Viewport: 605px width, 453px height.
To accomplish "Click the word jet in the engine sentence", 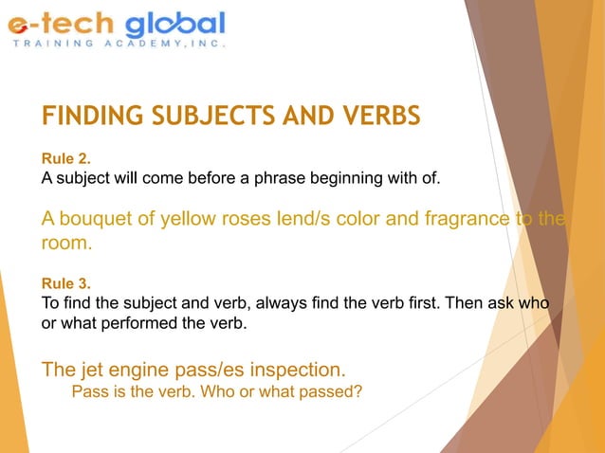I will point(91,368).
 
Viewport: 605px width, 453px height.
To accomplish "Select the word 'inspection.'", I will point(294,368).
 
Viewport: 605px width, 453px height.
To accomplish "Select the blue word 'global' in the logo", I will point(175,24).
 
